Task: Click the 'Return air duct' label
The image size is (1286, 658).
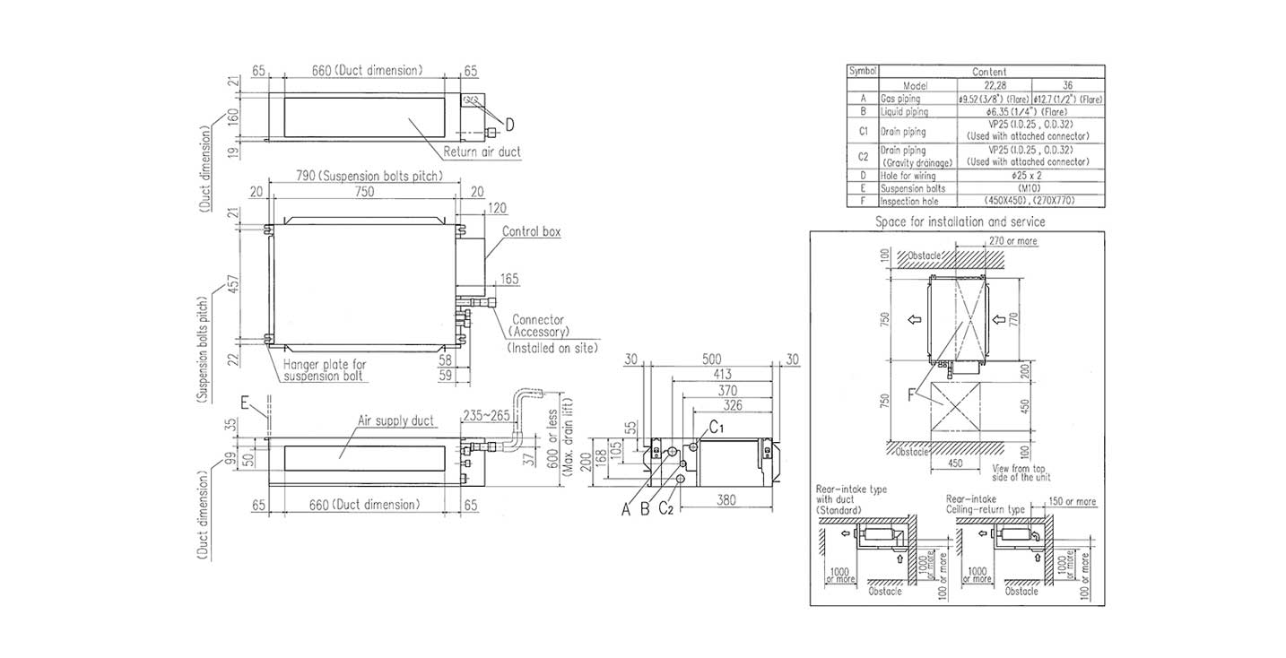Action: click(x=482, y=152)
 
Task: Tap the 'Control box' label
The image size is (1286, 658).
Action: click(x=532, y=231)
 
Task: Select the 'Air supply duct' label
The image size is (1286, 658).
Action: click(x=396, y=420)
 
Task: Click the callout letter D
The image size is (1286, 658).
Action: click(x=509, y=123)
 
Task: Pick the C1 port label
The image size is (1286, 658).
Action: click(x=717, y=429)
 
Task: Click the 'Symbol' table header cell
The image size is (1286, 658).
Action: click(x=862, y=71)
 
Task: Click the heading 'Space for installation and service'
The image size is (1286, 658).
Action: click(x=960, y=221)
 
